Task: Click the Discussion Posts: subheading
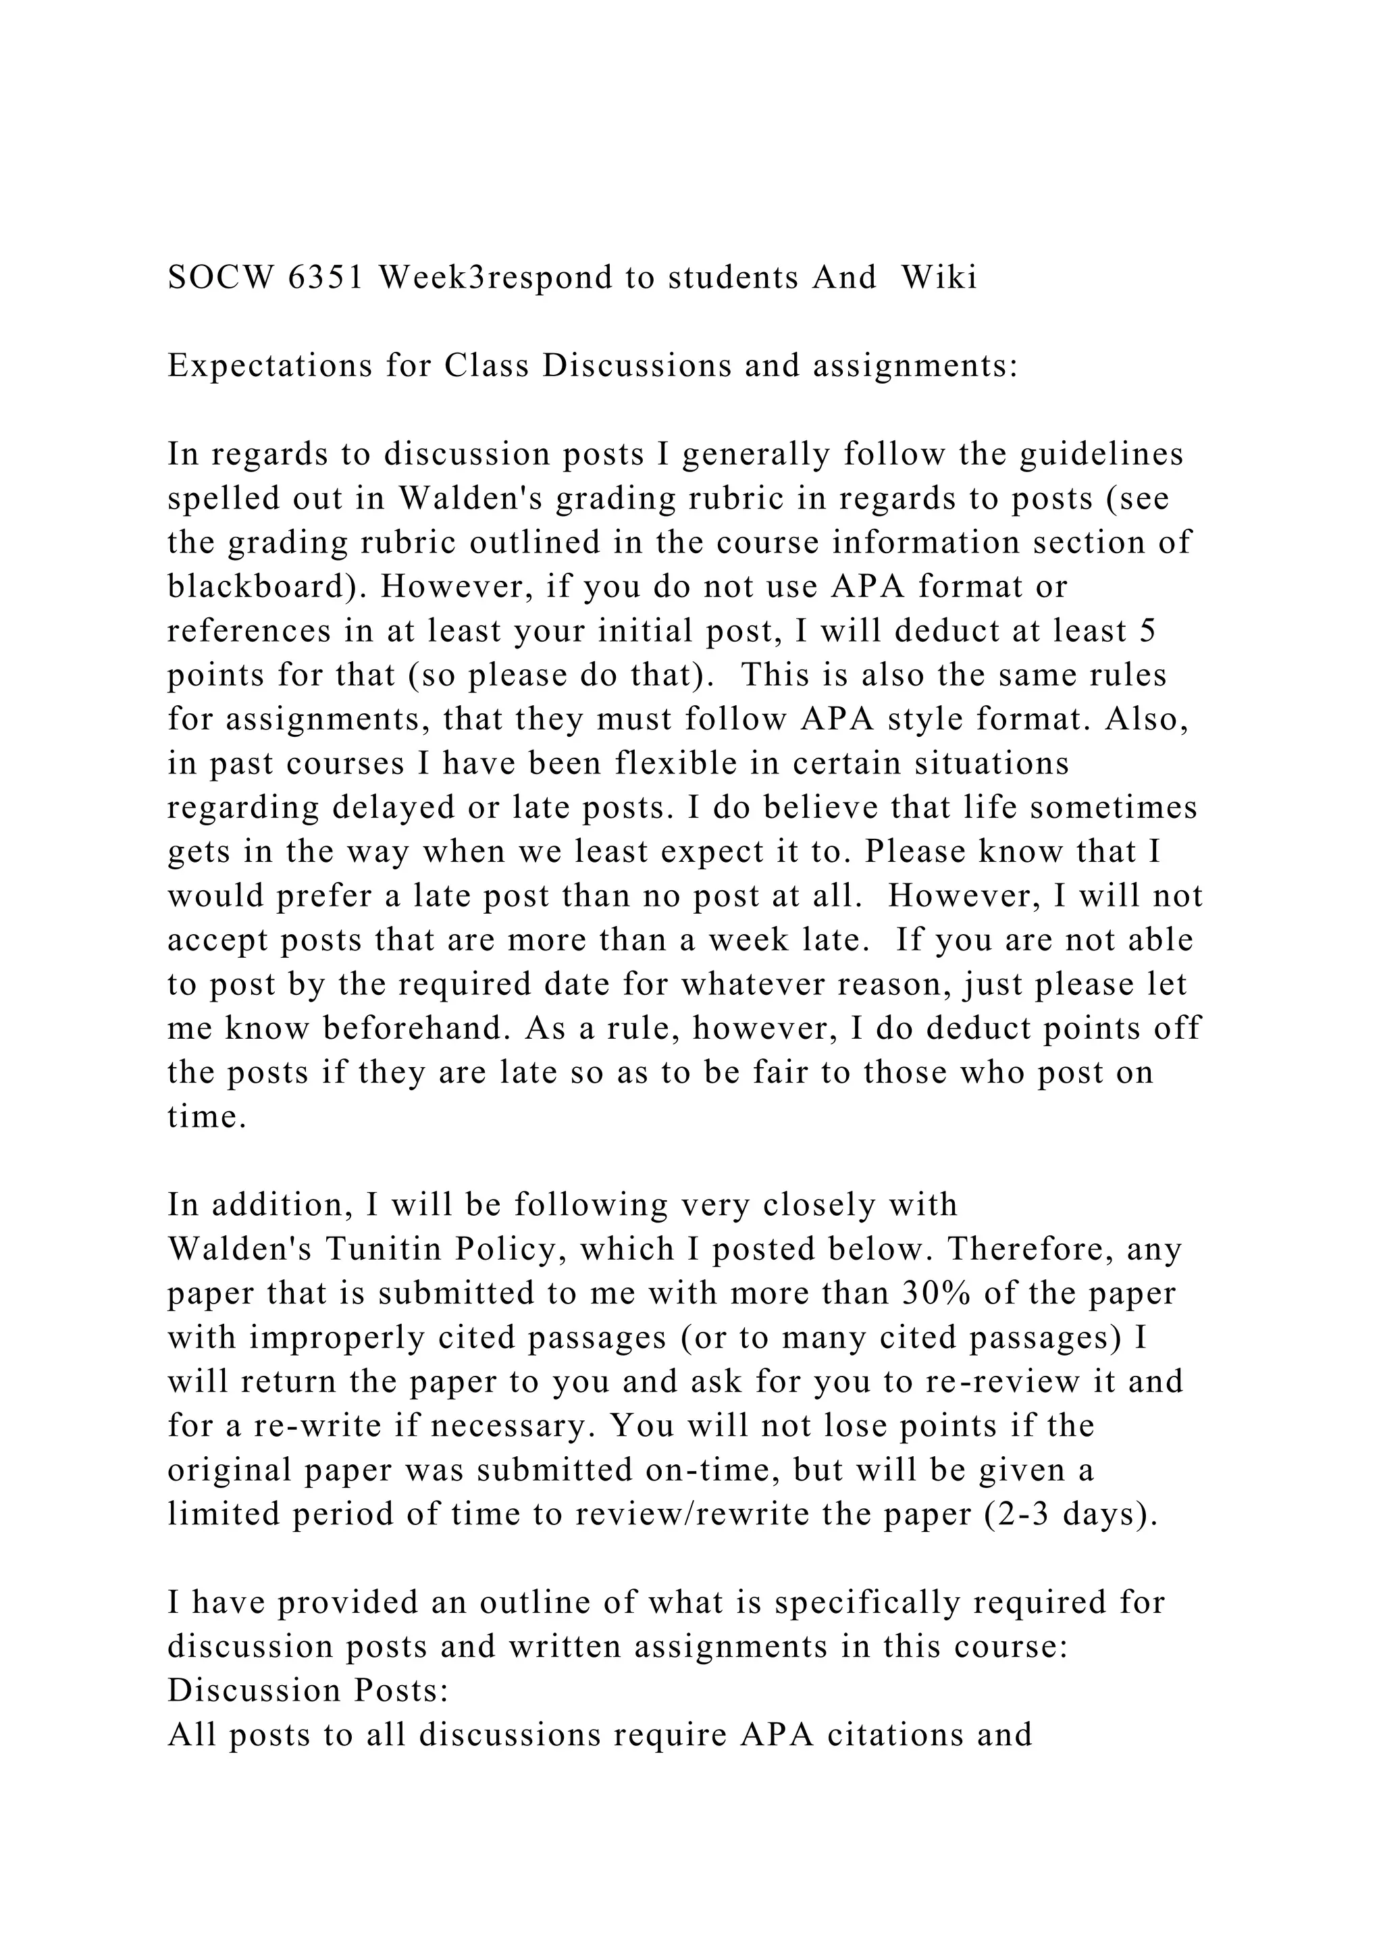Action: (x=307, y=1691)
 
